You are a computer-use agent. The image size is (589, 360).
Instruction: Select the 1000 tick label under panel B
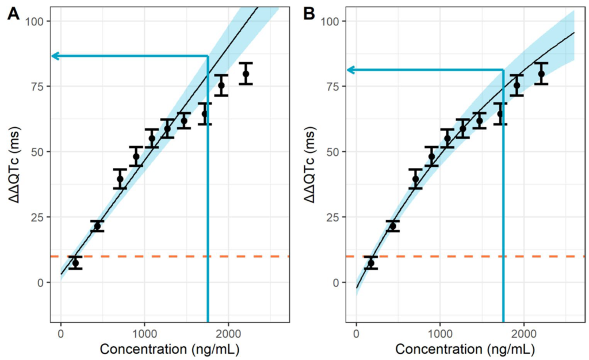pos(440,335)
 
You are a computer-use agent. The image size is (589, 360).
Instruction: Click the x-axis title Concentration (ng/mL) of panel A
pos(170,349)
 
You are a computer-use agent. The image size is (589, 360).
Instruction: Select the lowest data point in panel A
pos(75,263)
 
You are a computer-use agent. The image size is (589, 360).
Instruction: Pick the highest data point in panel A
pos(246,74)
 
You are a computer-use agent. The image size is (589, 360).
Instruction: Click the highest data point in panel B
pos(541,74)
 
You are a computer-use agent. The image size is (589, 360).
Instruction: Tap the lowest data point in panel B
pos(371,263)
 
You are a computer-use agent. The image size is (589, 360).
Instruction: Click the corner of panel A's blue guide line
pos(208,56)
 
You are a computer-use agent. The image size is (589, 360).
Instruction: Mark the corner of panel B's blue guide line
pos(503,70)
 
